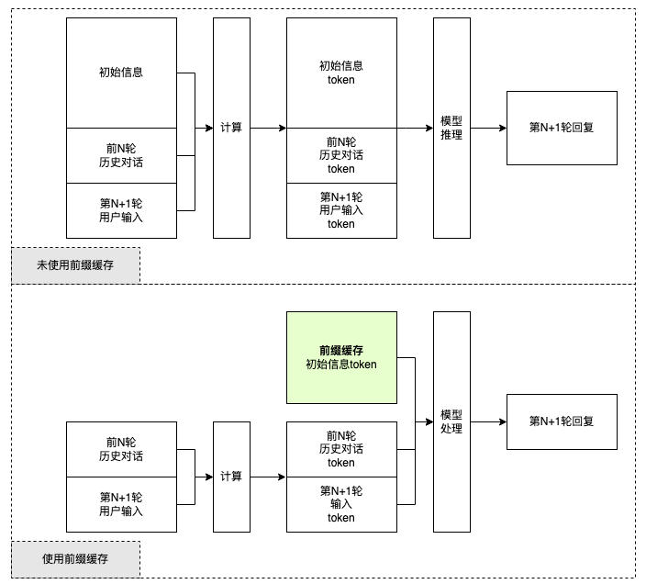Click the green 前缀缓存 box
pyautogui.click(x=341, y=357)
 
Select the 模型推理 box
pyautogui.click(x=451, y=128)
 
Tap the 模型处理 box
pyautogui.click(x=451, y=421)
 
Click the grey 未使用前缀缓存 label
pyautogui.click(x=76, y=265)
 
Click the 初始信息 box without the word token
pyautogui.click(x=121, y=73)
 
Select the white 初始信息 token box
pyautogui.click(x=341, y=73)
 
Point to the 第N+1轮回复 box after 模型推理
pyautogui.click(x=562, y=128)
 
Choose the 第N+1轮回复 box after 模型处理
pyautogui.click(x=562, y=421)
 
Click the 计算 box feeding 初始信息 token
pyautogui.click(x=231, y=128)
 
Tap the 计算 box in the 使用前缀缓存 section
pyautogui.click(x=231, y=477)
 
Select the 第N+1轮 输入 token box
pyautogui.click(x=341, y=504)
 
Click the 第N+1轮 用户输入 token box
pyautogui.click(x=341, y=210)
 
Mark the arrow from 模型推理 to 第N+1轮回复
pyautogui.click(x=488, y=128)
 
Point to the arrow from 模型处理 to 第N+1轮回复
pyautogui.click(x=488, y=421)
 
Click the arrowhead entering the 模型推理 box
pyautogui.click(x=429, y=128)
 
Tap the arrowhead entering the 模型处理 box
pyautogui.click(x=429, y=421)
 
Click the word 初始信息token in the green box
pyautogui.click(x=341, y=365)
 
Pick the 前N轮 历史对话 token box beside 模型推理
pyautogui.click(x=341, y=155)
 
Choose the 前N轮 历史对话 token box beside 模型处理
pyautogui.click(x=341, y=449)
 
